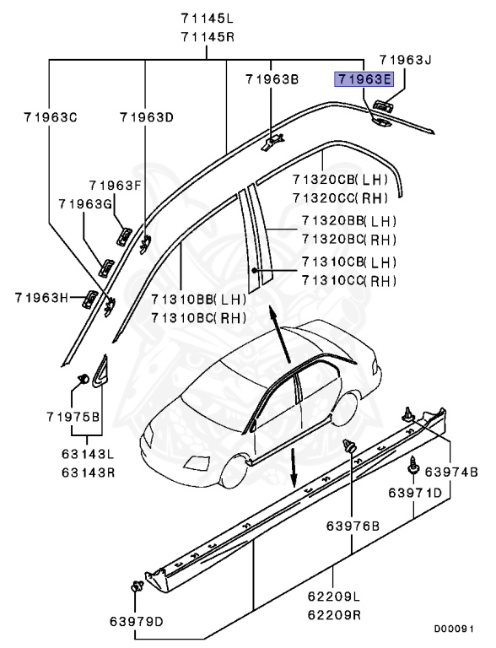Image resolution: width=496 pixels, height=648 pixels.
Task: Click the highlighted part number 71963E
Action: click(364, 79)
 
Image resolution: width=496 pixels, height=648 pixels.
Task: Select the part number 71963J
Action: click(405, 60)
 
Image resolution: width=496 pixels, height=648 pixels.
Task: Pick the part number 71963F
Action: click(116, 185)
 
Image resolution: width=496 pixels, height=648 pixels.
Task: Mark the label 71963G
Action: click(85, 203)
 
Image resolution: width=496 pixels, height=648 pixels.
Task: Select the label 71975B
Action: click(73, 417)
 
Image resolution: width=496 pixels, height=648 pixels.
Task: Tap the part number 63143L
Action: click(88, 454)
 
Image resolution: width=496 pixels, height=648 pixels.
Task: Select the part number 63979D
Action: click(136, 623)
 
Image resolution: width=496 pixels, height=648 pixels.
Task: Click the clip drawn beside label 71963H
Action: click(89, 296)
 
